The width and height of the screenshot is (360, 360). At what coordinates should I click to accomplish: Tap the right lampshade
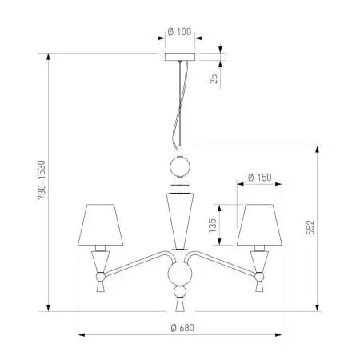[x=259, y=225]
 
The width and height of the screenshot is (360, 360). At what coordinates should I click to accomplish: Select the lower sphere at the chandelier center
[x=179, y=277]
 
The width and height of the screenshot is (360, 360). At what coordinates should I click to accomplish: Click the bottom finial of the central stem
[x=179, y=305]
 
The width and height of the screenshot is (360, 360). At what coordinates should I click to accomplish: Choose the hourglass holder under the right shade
[x=259, y=268]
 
